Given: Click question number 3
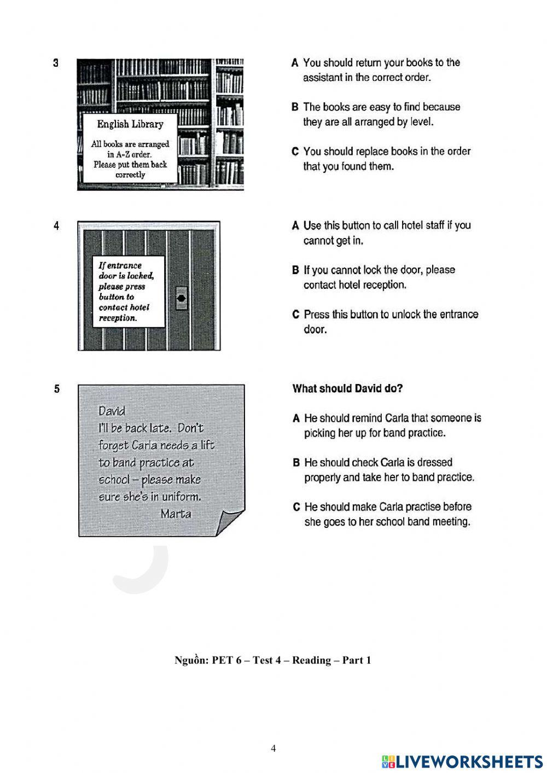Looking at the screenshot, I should (x=56, y=63).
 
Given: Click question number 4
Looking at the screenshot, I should (x=56, y=225).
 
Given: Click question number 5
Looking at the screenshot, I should (x=57, y=389).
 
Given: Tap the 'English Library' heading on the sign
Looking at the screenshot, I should (x=130, y=124).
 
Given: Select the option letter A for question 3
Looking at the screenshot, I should (x=295, y=63).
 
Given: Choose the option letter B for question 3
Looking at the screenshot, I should (x=295, y=107).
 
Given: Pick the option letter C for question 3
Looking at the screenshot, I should (x=295, y=152).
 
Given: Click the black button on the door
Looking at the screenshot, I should (x=182, y=298).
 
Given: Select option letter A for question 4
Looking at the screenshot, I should (x=295, y=225).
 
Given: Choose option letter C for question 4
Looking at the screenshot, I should (x=296, y=315).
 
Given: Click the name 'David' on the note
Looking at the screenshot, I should (x=112, y=411).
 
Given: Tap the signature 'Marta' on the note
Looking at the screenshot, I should (x=176, y=514).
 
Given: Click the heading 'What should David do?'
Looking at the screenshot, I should (x=347, y=388).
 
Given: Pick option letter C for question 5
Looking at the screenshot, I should (x=296, y=507).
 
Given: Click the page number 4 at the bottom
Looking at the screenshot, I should (x=273, y=748).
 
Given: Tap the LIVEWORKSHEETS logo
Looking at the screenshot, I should (x=462, y=762).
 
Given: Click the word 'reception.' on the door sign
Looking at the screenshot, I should (x=118, y=318).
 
